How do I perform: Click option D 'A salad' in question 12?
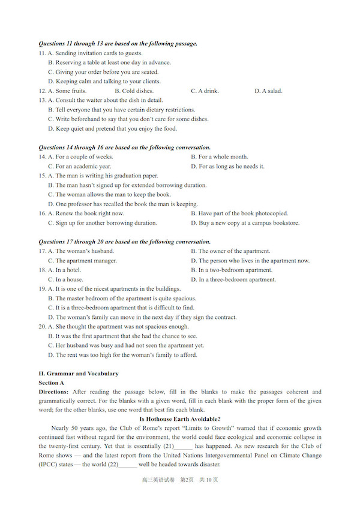point(268,91)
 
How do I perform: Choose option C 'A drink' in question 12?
point(205,91)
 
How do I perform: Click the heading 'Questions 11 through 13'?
point(118,44)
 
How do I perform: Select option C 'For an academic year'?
point(79,167)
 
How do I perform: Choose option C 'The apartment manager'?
point(82,261)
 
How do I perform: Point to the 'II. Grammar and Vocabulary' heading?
point(79,374)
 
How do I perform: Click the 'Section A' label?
point(52,382)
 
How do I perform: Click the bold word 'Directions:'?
point(53,392)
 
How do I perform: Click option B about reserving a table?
point(109,62)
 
